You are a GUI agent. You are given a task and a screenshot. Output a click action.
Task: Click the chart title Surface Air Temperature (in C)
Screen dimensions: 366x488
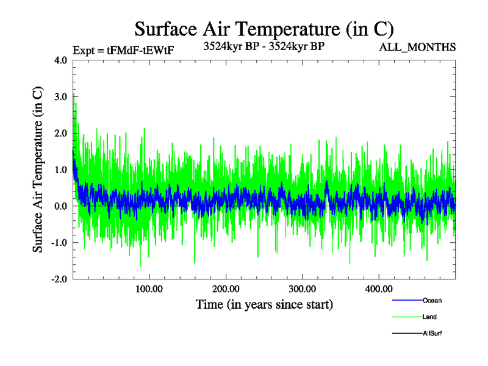click(x=264, y=29)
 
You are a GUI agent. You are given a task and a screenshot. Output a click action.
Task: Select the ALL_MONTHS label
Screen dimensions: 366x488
click(x=418, y=46)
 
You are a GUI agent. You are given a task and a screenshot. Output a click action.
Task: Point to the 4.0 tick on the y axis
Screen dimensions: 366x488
click(x=61, y=60)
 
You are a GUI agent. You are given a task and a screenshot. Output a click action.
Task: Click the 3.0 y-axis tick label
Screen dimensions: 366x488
click(x=61, y=97)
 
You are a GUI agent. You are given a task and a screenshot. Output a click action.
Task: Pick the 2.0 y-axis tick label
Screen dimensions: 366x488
click(x=61, y=134)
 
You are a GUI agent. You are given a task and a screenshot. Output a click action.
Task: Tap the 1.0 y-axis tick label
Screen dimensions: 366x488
click(x=61, y=170)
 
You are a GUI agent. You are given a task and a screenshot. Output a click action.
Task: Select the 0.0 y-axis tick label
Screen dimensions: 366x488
click(x=61, y=206)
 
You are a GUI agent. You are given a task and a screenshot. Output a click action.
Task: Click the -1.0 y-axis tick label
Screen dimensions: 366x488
click(x=59, y=243)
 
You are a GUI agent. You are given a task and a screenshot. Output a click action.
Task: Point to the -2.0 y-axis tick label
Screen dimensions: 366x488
click(x=59, y=279)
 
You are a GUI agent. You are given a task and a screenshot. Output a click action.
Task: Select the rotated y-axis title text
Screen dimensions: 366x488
click(x=38, y=170)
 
